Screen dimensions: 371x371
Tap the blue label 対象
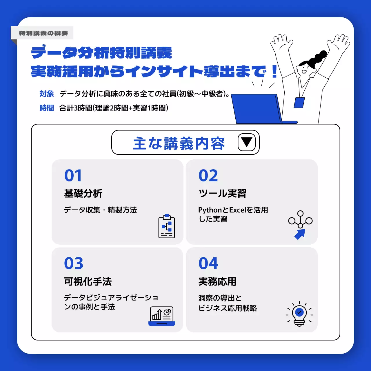point(47,94)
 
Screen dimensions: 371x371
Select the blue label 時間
point(47,108)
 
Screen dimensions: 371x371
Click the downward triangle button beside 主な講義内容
point(246,142)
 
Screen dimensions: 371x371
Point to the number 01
point(73,176)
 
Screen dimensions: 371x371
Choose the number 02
point(208,176)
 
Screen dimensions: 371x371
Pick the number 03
point(74,263)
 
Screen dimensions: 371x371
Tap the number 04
point(208,263)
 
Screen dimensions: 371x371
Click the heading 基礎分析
point(83,193)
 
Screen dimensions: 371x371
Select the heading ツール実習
point(222,193)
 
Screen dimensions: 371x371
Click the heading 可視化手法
point(88,281)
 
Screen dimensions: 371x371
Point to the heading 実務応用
point(217,281)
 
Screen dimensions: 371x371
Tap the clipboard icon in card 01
point(167,226)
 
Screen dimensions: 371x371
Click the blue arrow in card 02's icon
point(300,234)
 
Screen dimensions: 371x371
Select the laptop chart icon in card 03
point(162,316)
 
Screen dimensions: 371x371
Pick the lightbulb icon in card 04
point(299,314)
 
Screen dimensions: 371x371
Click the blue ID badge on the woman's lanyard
point(299,103)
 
